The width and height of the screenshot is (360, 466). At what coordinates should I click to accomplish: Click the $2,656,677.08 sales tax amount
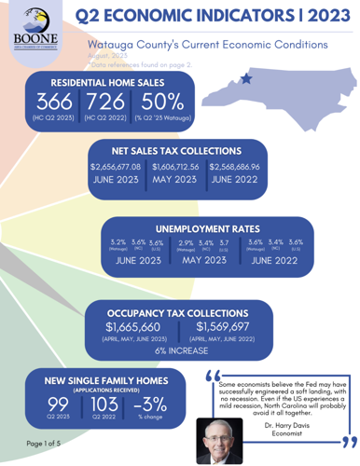click(x=115, y=167)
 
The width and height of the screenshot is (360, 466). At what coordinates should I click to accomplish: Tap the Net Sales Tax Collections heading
click(x=176, y=147)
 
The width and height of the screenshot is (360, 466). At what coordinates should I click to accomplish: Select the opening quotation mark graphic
click(x=208, y=376)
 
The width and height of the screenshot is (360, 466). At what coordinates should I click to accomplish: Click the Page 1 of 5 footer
click(x=45, y=443)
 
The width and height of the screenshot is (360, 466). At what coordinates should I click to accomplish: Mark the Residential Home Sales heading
click(x=92, y=82)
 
